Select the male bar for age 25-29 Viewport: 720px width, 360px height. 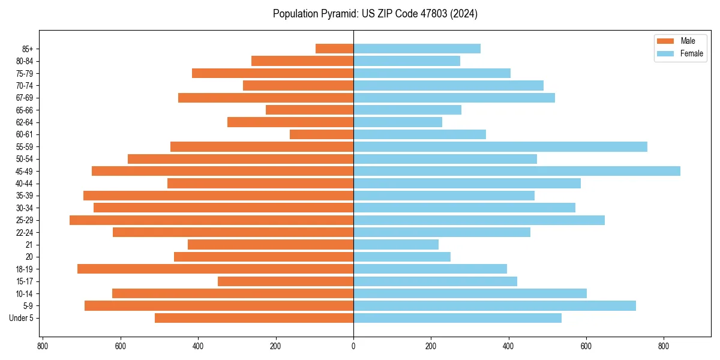coord(211,220)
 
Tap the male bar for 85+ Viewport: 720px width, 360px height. coord(334,49)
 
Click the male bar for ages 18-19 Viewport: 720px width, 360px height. coord(215,269)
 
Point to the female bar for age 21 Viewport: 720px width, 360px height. coord(396,244)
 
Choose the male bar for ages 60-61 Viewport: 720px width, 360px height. coord(322,134)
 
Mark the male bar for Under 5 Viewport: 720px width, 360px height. coord(254,318)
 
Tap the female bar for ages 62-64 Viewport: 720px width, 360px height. coord(398,122)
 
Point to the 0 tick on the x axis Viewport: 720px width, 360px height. coord(353,346)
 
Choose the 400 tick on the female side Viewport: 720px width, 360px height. coord(508,346)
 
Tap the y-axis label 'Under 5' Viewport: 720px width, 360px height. coord(22,318)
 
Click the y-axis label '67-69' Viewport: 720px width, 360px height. coord(25,98)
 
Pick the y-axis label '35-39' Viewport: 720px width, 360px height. coord(25,196)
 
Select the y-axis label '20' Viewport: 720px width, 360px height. coord(29,257)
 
